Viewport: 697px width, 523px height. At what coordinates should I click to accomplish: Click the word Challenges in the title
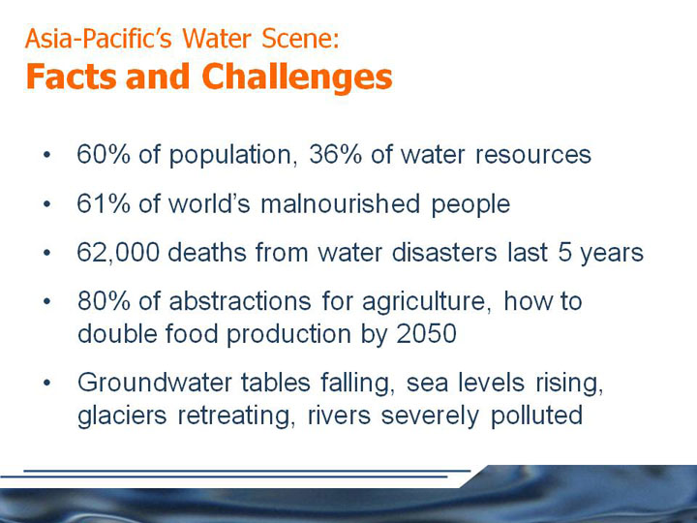pyautogui.click(x=297, y=77)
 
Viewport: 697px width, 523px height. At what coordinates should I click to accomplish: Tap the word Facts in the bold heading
pyautogui.click(x=72, y=77)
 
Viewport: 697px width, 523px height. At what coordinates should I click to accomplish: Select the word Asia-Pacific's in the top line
pyautogui.click(x=98, y=38)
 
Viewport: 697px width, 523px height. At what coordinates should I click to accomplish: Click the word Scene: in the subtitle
pyautogui.click(x=300, y=38)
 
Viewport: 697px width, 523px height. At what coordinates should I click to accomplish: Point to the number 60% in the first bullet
pyautogui.click(x=104, y=154)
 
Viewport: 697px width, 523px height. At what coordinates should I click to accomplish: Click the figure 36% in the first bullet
pyautogui.click(x=336, y=154)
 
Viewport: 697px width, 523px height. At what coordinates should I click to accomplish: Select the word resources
pyautogui.click(x=533, y=155)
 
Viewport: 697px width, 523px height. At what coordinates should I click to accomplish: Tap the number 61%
pyautogui.click(x=104, y=203)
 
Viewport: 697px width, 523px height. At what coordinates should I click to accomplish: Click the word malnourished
pyautogui.click(x=341, y=203)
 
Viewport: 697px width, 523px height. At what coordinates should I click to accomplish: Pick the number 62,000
pyautogui.click(x=118, y=253)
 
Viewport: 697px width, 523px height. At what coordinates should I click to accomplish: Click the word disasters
pyautogui.click(x=444, y=253)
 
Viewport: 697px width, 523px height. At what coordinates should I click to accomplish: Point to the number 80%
pyautogui.click(x=104, y=300)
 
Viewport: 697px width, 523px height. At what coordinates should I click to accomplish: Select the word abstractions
pyautogui.click(x=240, y=300)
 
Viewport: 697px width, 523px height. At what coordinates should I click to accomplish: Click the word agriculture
pyautogui.click(x=427, y=303)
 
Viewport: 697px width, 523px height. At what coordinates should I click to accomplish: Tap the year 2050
pyautogui.click(x=426, y=333)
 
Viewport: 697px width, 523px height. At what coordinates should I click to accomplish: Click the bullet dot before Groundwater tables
pyautogui.click(x=47, y=383)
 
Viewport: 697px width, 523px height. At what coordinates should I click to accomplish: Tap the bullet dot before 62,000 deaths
pyautogui.click(x=47, y=253)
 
